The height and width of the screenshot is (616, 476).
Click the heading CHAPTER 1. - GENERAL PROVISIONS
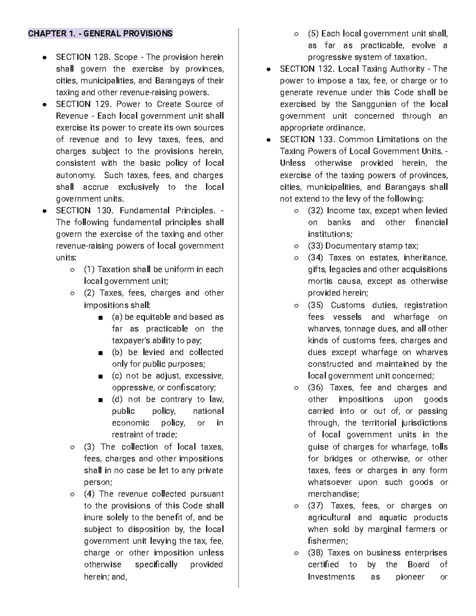[x=100, y=33]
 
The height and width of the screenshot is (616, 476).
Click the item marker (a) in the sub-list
[x=117, y=317]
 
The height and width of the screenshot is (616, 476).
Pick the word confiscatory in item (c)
[x=191, y=388]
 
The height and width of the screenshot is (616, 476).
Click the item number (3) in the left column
[x=89, y=447]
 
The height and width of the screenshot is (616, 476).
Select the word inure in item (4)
[x=94, y=518]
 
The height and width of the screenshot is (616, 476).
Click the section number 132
[x=326, y=69]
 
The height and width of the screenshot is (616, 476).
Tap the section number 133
[x=326, y=140]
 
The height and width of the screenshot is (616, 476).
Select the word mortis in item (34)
[x=320, y=281]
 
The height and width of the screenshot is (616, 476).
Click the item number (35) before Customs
[x=315, y=305]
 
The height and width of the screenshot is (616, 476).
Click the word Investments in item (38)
[x=331, y=577]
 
